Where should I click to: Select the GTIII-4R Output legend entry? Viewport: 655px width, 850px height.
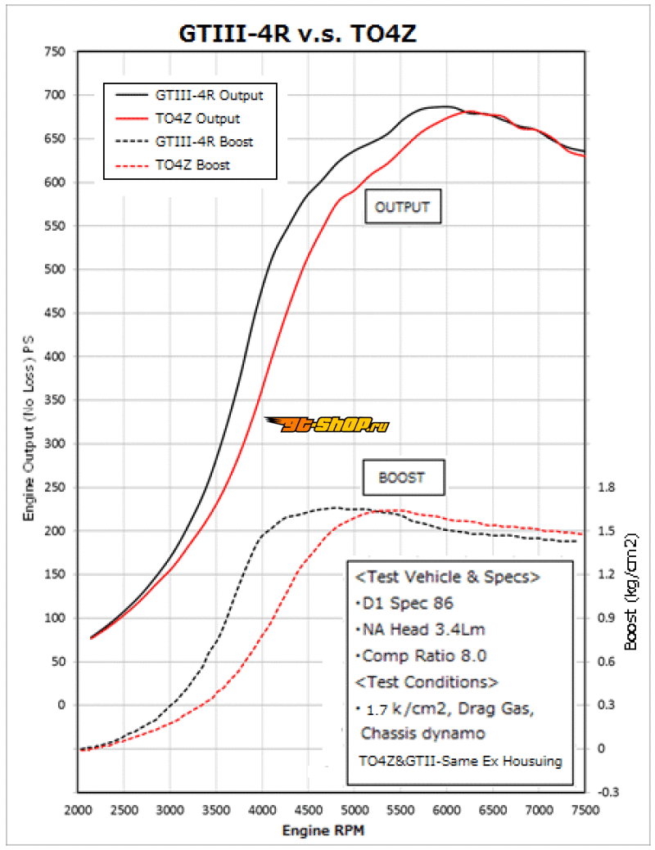click(209, 95)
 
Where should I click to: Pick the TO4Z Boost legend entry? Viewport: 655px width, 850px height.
click(192, 165)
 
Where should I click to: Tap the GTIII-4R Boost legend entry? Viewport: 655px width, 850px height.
click(204, 142)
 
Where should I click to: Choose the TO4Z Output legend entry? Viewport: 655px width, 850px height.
click(197, 119)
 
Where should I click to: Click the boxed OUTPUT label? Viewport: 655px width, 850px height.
click(402, 207)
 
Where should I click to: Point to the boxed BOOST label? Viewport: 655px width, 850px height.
click(402, 478)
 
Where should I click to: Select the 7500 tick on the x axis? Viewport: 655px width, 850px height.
click(585, 810)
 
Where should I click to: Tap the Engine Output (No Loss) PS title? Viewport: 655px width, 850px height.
click(29, 432)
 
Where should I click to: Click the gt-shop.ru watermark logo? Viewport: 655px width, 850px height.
click(327, 423)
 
